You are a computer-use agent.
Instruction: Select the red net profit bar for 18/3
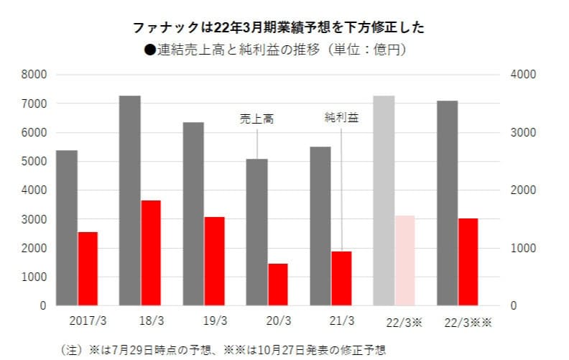151,253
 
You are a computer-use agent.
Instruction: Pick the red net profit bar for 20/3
278,285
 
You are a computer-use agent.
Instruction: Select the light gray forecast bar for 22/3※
384,200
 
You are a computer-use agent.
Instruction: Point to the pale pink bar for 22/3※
405,260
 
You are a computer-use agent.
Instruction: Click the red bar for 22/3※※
468,262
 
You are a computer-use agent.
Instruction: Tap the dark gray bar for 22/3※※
447,203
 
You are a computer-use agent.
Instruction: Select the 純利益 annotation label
341,116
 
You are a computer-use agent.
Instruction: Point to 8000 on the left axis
34,75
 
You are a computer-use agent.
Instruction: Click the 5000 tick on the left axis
34,162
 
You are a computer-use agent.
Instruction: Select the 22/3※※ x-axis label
468,321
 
